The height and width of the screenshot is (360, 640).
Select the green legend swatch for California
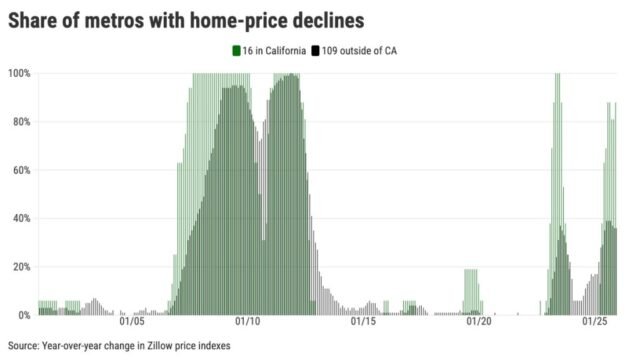click(x=235, y=50)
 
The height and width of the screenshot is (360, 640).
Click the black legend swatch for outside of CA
click(x=315, y=50)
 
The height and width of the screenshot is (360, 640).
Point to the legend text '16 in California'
click(x=273, y=50)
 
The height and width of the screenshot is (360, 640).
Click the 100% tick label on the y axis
click(x=20, y=73)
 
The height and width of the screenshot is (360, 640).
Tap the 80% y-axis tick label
click(x=22, y=122)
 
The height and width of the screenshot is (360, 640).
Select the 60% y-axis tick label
click(x=22, y=170)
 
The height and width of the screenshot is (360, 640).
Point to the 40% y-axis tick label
click(x=22, y=218)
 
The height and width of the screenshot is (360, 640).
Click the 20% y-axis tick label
click(x=22, y=267)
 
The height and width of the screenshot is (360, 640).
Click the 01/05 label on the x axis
click(x=132, y=322)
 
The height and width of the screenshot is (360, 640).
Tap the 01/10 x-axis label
click(x=248, y=322)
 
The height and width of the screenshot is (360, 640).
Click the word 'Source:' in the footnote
click(x=25, y=346)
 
